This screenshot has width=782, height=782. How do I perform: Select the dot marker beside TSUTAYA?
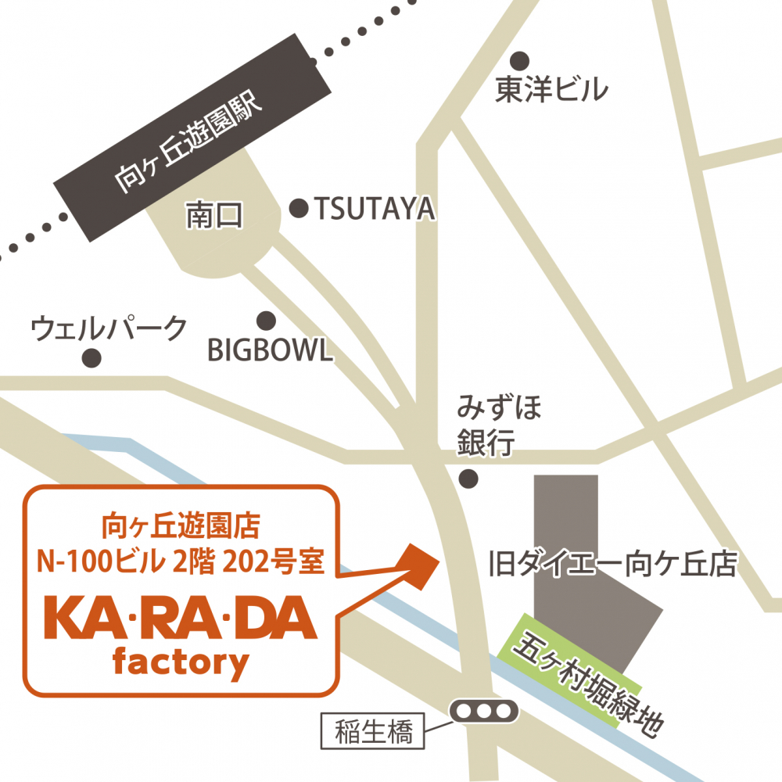tap(299, 208)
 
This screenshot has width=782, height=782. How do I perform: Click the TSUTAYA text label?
tap(374, 209)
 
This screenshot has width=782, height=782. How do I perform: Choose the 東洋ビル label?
tap(551, 91)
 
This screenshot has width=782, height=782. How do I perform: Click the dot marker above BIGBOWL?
tap(267, 320)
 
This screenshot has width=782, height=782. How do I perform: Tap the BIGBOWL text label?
tap(270, 350)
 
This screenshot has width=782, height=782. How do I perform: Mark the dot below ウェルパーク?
tap(92, 358)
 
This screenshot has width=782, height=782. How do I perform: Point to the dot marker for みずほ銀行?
tap(468, 478)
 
